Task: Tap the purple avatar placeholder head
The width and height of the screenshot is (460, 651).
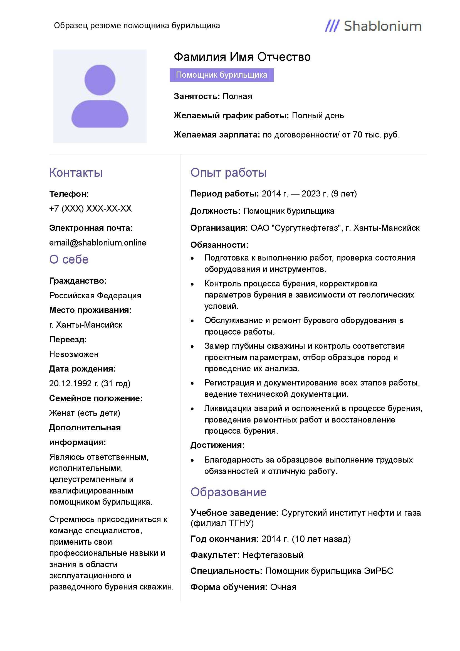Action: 100,80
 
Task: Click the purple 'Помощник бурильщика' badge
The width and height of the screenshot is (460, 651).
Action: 221,75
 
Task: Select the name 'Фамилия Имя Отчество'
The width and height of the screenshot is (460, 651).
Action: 242,57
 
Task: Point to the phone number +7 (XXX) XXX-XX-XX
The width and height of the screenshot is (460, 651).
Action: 90,209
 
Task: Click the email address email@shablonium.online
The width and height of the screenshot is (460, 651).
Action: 98,243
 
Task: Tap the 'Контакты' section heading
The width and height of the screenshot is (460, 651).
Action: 76,173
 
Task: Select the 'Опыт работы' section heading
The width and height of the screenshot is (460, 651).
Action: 228,173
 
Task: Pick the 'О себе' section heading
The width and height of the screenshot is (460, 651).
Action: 69,259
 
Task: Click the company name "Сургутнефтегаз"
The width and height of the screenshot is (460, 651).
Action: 306,228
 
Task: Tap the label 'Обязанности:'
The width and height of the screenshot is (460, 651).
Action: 219,245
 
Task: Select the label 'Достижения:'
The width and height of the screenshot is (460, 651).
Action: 217,445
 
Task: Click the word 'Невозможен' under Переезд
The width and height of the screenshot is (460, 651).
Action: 74,354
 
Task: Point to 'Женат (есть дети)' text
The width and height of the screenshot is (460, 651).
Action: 85,413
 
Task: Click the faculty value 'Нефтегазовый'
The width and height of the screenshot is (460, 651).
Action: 273,555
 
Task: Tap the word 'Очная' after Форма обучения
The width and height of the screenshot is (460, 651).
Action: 283,587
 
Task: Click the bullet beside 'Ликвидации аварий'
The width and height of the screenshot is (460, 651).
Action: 192,409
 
